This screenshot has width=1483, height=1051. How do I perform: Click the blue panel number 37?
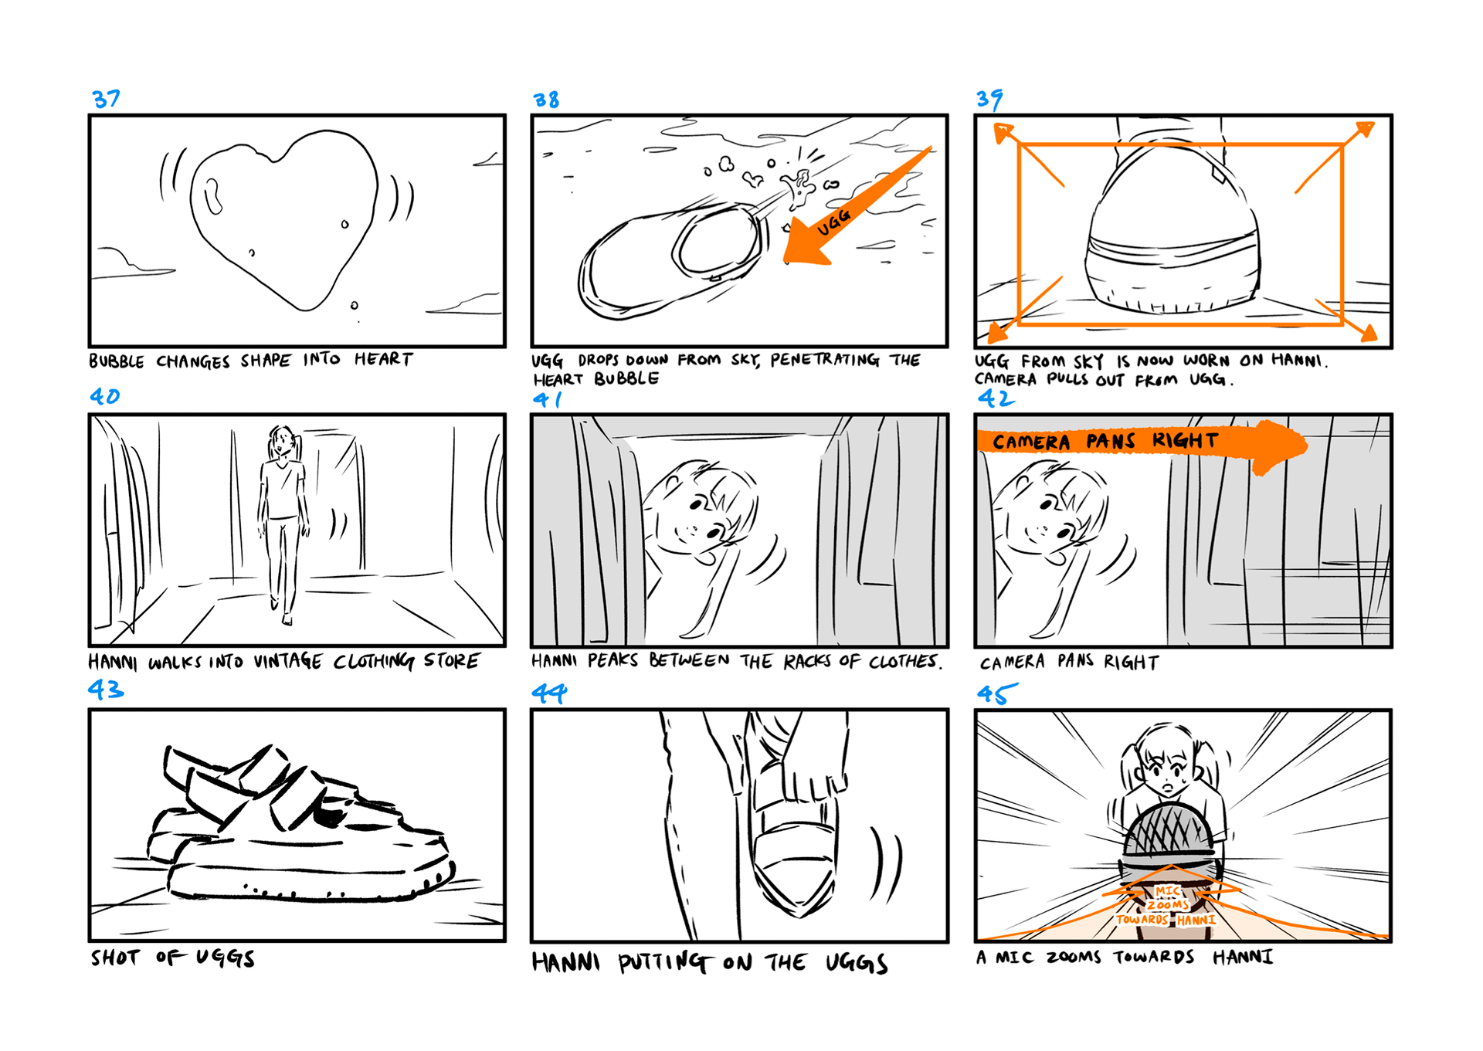point(106,99)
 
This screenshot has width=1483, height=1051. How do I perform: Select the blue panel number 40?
point(105,396)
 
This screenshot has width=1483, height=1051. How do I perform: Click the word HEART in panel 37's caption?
point(384,359)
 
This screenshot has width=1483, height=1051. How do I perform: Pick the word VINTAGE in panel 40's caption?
point(287,662)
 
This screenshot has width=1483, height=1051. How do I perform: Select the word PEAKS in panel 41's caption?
point(613,661)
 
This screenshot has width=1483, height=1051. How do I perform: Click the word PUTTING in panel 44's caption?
point(663,962)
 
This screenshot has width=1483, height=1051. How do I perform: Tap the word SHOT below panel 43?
point(116,958)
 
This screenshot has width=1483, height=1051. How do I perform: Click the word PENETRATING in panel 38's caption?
point(825,360)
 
